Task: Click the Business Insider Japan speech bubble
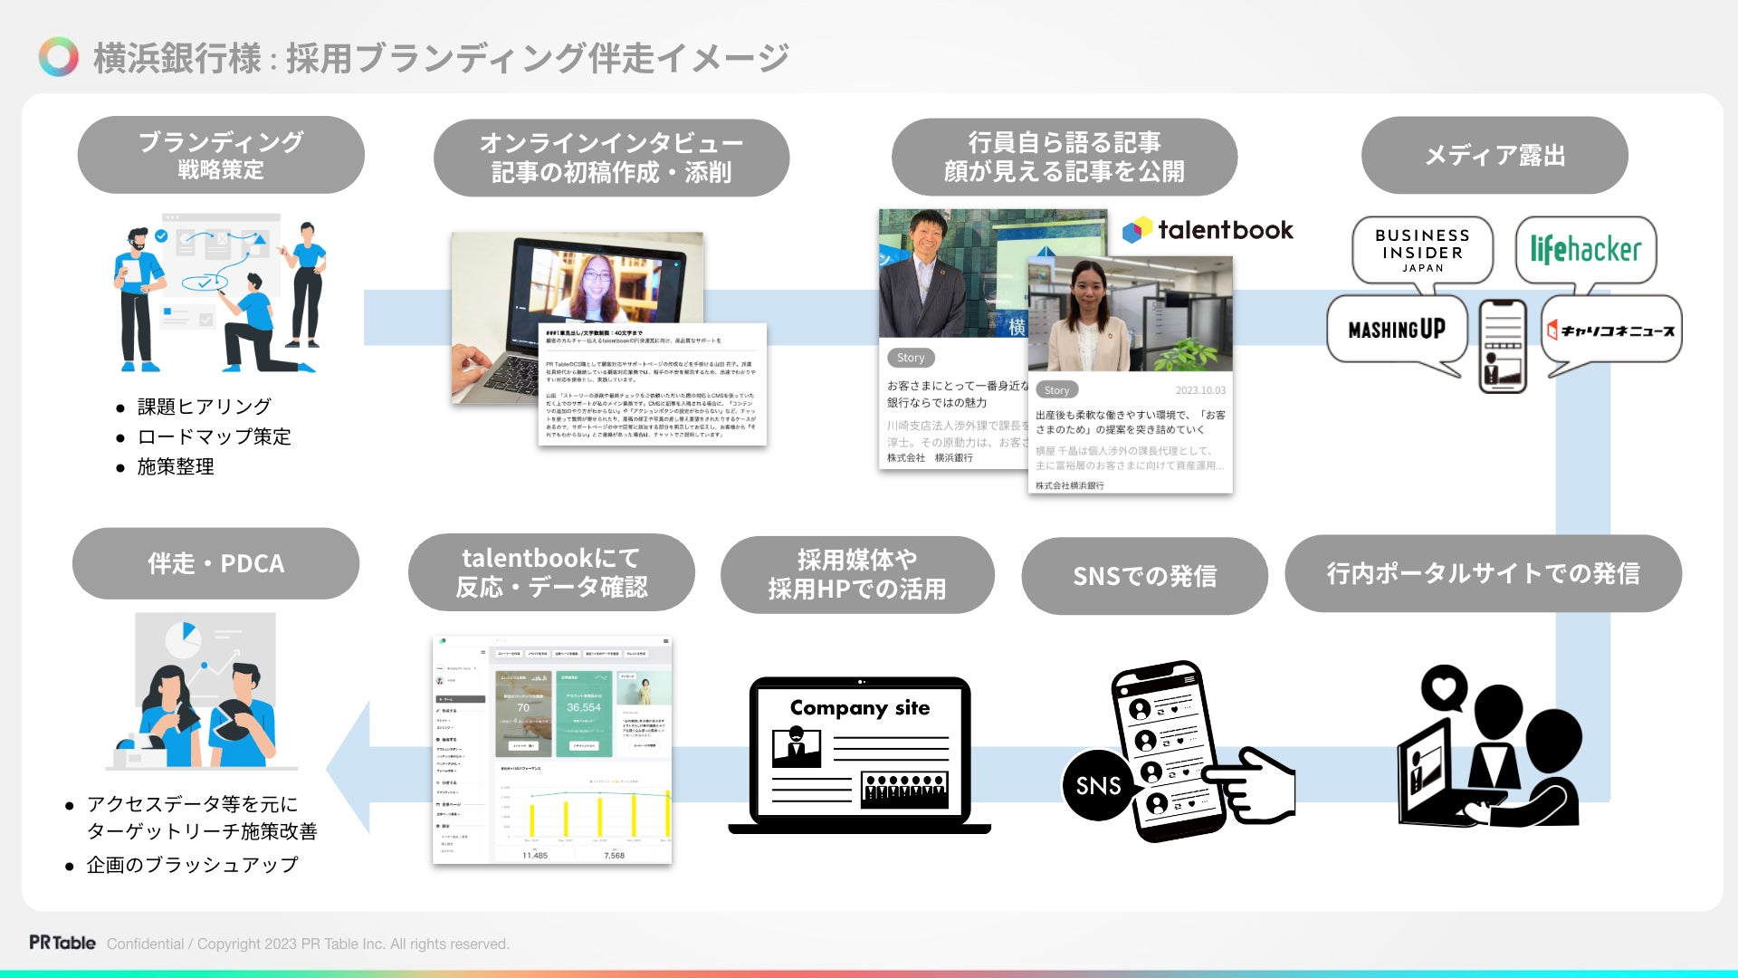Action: point(1422,250)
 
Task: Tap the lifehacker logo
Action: point(1585,249)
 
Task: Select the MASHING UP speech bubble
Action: point(1397,330)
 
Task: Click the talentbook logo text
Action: point(1225,230)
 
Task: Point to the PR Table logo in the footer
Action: point(62,943)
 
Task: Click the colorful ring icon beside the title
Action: point(59,57)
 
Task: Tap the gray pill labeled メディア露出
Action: point(1494,155)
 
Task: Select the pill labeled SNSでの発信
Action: point(1144,576)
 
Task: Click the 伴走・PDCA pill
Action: point(215,563)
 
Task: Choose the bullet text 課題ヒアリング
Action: point(204,407)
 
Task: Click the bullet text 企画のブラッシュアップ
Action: point(192,865)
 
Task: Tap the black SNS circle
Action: point(1097,785)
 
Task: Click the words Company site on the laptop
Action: point(859,707)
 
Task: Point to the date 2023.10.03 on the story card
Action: point(1200,390)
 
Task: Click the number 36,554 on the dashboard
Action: point(584,707)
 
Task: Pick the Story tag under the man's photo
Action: point(911,358)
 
